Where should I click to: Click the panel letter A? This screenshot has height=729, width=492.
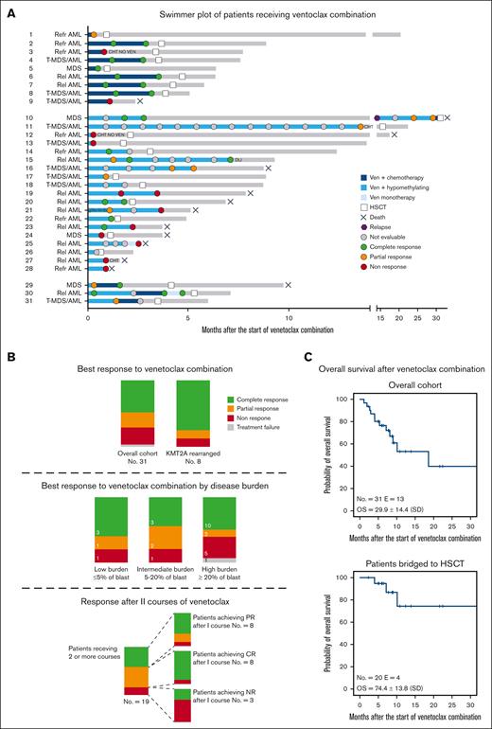coord(9,9)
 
